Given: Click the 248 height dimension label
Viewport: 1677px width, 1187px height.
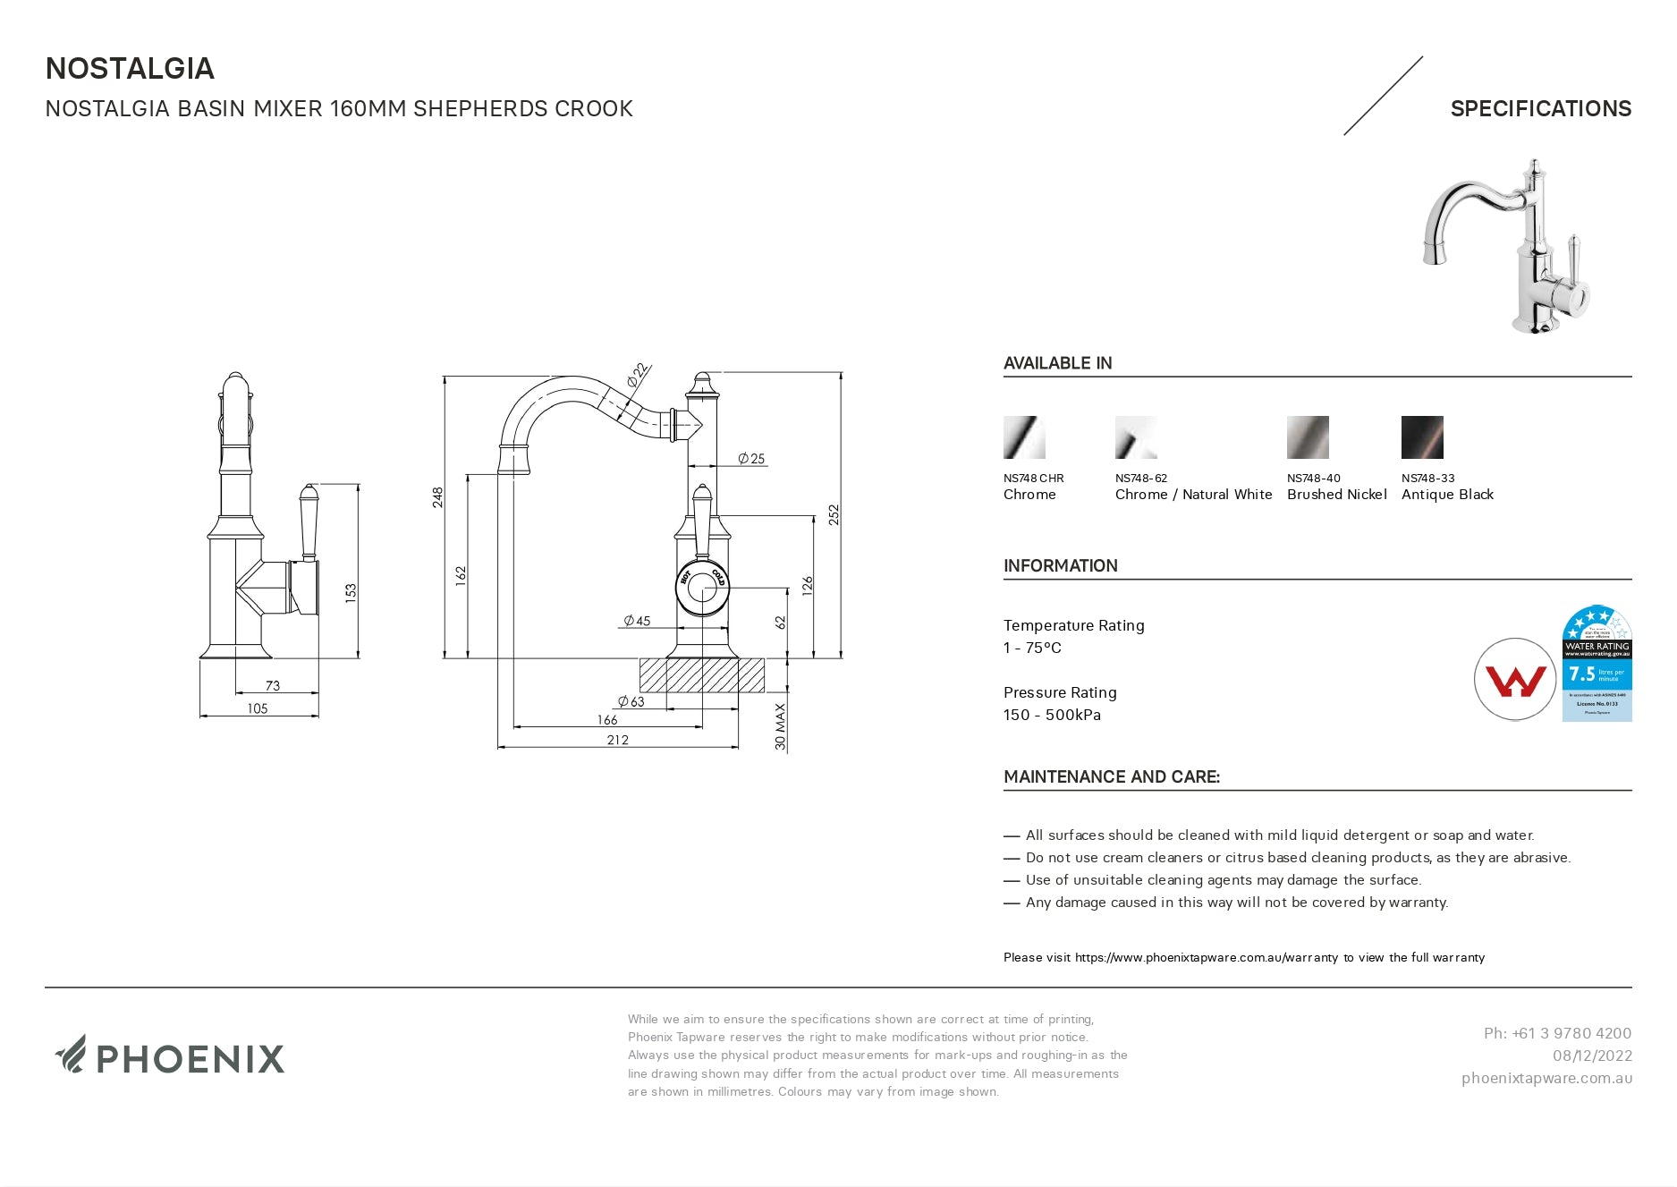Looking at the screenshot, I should (x=438, y=497).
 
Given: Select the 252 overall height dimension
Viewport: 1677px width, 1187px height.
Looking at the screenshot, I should (x=834, y=514).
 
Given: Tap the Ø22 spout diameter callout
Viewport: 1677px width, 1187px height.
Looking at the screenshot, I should (x=637, y=375).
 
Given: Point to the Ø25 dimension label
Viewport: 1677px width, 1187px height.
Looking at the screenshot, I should (x=751, y=459).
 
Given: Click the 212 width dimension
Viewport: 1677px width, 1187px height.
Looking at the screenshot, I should (x=617, y=740).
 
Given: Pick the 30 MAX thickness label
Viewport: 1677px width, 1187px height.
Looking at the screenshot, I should (x=781, y=726).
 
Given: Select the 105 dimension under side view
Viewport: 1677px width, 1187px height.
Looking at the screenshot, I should (x=258, y=708).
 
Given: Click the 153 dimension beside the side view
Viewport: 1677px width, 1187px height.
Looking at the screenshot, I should (x=351, y=592).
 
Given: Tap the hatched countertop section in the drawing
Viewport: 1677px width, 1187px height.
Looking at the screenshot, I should (x=702, y=675).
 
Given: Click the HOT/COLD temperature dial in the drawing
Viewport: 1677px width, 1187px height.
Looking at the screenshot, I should (x=702, y=587).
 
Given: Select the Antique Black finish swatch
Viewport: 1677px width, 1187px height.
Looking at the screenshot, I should (x=1422, y=437).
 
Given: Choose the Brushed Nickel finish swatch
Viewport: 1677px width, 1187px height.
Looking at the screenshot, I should (x=1308, y=437).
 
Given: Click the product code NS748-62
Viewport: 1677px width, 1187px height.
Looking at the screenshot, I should (x=1141, y=479).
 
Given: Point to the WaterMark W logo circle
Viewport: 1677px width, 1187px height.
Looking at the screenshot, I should (x=1514, y=680).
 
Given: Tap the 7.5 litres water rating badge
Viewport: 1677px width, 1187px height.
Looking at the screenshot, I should (x=1597, y=665).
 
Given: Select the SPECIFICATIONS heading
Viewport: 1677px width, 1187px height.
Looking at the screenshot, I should (x=1540, y=109).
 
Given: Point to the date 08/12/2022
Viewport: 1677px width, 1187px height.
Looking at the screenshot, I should (x=1592, y=1056).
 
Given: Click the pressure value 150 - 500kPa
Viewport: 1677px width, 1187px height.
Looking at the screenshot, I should (x=1052, y=716).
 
